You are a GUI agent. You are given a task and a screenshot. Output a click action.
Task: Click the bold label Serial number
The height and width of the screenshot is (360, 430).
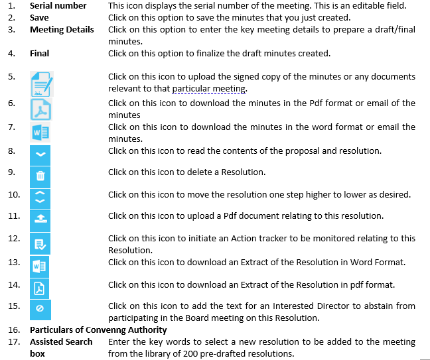click(x=58, y=5)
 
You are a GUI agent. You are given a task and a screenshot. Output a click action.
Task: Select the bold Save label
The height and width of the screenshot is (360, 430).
click(x=39, y=17)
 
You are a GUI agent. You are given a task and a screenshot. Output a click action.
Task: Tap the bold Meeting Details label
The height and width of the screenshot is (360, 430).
click(x=62, y=29)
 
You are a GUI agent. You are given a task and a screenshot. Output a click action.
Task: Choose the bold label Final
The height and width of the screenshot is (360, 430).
click(x=39, y=53)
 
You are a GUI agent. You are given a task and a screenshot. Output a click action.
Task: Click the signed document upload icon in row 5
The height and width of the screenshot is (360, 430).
click(x=41, y=86)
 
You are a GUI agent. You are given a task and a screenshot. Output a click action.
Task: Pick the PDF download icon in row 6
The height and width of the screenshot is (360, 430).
click(x=41, y=109)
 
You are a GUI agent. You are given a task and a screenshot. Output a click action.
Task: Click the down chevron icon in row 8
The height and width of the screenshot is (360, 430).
click(x=40, y=154)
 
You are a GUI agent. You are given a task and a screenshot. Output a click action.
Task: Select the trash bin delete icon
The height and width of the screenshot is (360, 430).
click(x=40, y=176)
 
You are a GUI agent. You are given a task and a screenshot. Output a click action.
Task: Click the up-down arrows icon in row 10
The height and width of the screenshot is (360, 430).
click(x=40, y=197)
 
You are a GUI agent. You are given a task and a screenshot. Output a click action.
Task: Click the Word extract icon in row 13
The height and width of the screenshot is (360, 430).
click(x=40, y=266)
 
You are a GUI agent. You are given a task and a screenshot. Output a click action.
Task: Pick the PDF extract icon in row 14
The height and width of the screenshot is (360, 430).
click(x=40, y=288)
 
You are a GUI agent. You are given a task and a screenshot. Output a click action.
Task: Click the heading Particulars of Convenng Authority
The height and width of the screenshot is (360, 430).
click(x=98, y=330)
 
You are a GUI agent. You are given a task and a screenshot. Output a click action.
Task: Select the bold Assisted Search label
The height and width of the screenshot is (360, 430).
click(x=61, y=341)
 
